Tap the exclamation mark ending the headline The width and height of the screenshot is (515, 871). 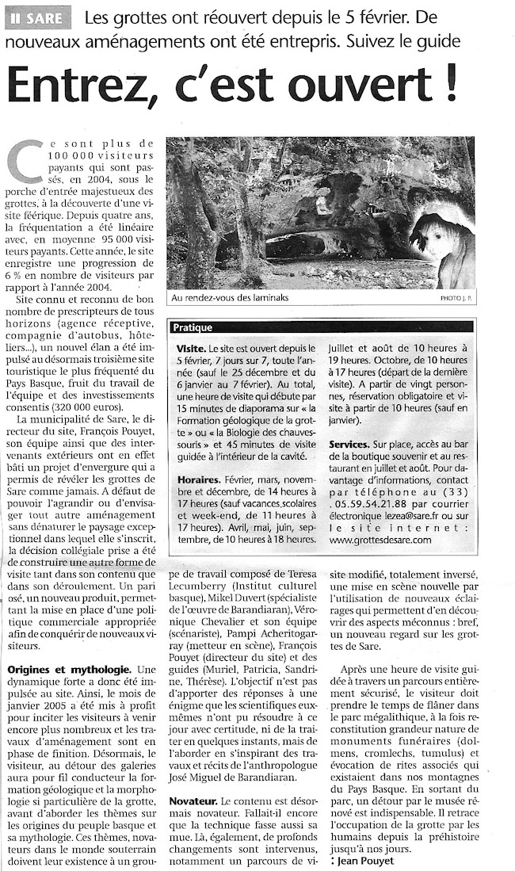[449, 81]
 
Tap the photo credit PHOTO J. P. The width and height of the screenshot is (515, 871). [454, 299]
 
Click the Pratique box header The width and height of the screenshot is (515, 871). [193, 327]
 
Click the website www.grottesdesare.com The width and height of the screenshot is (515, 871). [380, 541]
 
